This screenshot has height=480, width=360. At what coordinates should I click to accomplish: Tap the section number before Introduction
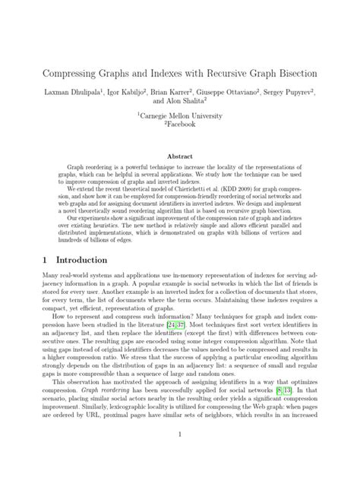coord(44,259)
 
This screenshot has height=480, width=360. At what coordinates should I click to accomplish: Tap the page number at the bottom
coord(180,456)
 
